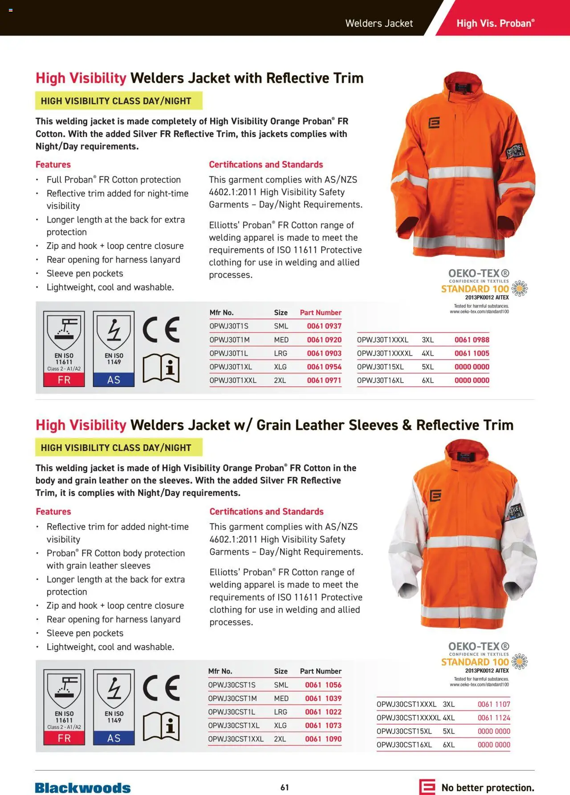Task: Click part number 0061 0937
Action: point(324,326)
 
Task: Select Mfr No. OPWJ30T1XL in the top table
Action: point(231,367)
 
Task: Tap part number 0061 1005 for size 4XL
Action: point(472,353)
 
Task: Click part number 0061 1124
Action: point(493,718)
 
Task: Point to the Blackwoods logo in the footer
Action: point(83,787)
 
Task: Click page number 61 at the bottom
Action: point(285,787)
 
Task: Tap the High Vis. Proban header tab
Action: point(495,23)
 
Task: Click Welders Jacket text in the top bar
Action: point(379,23)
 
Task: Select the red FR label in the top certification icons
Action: point(64,380)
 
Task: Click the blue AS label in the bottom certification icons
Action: point(114,738)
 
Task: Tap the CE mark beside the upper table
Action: point(161,330)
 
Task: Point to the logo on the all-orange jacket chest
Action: point(434,123)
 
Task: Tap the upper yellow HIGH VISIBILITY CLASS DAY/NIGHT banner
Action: point(118,101)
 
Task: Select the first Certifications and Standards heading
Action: point(266,164)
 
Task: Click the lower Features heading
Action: point(53,511)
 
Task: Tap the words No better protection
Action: point(488,787)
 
